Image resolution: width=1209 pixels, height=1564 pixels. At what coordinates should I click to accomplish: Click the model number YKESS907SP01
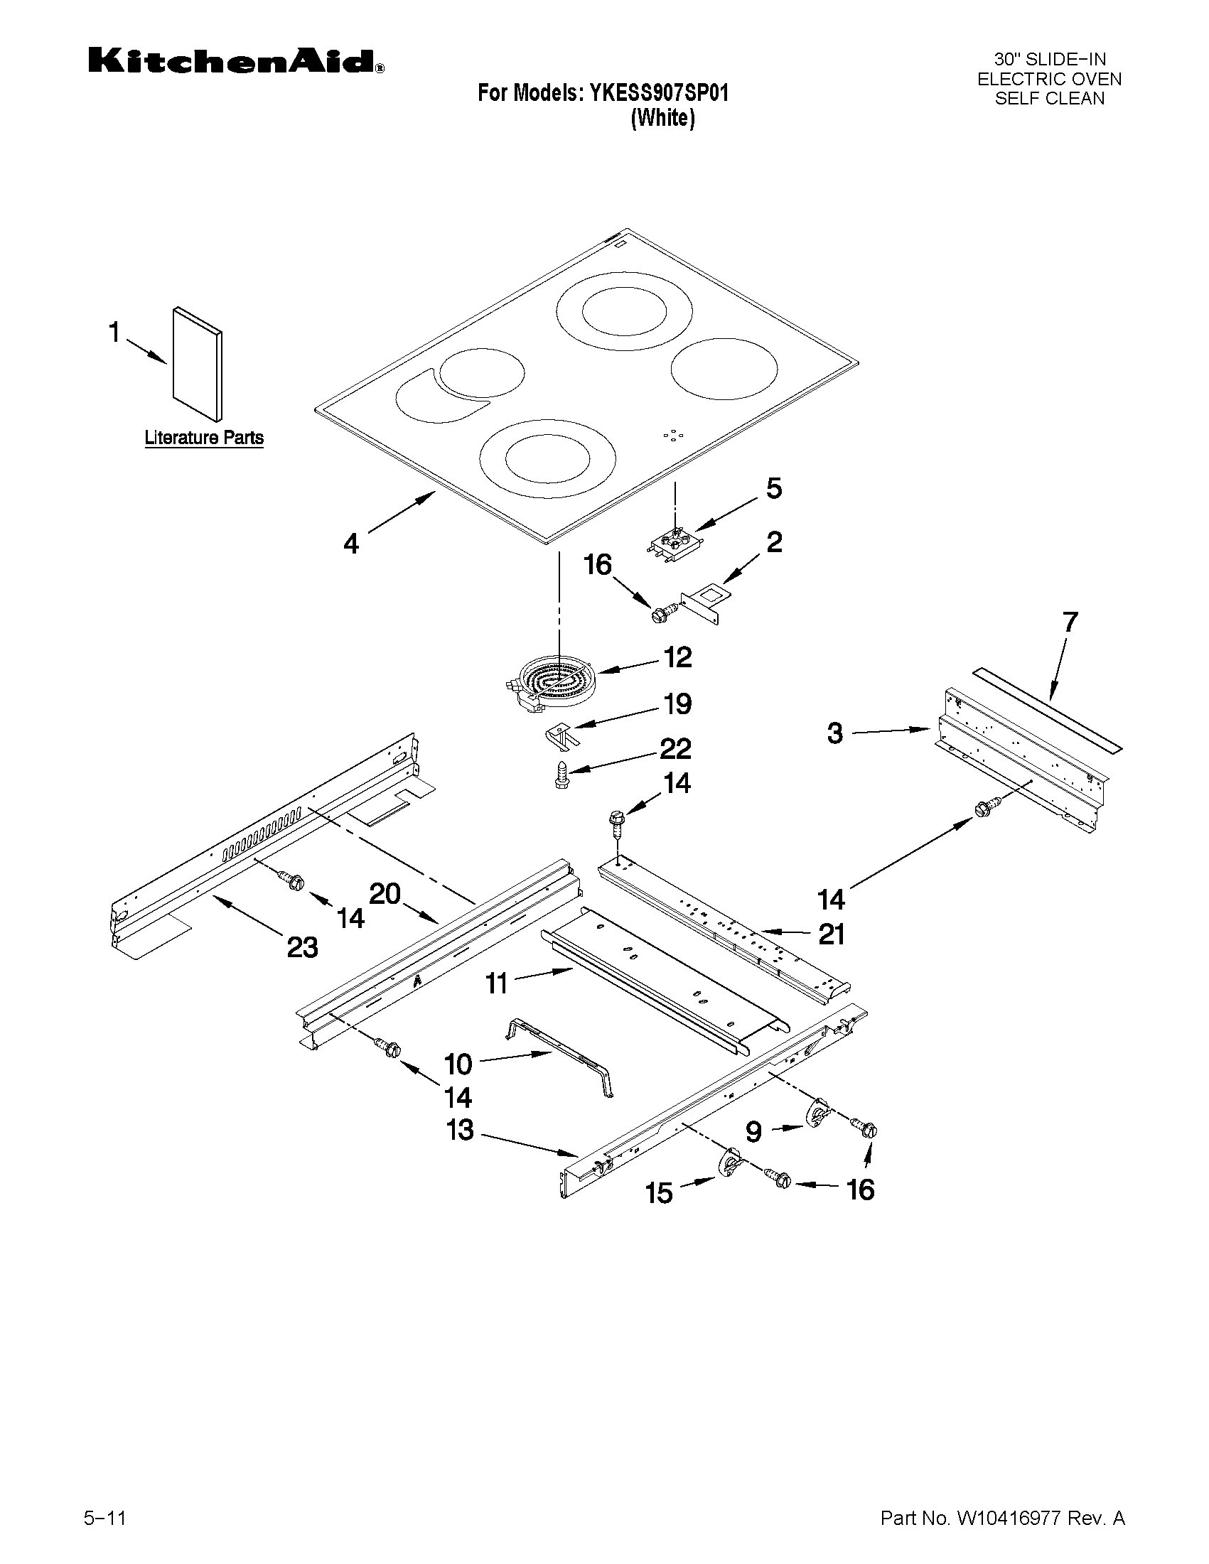658,93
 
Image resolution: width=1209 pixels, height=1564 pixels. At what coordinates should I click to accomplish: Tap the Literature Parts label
204,438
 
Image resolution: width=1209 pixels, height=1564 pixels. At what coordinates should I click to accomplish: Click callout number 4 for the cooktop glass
351,544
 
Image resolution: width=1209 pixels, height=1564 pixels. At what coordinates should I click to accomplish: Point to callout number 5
774,489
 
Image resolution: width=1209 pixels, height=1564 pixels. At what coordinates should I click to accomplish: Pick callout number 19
677,704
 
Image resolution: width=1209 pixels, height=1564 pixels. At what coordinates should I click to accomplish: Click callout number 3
835,734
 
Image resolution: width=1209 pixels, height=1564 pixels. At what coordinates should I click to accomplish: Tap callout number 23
302,947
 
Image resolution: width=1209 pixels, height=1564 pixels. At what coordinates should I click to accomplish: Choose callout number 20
385,894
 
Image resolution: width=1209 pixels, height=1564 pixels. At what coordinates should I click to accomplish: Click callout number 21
831,934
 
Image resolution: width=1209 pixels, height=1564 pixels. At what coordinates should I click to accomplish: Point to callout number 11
496,983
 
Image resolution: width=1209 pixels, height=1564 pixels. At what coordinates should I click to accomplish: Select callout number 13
461,1130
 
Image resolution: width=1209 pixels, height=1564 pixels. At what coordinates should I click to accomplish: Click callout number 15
659,1193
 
